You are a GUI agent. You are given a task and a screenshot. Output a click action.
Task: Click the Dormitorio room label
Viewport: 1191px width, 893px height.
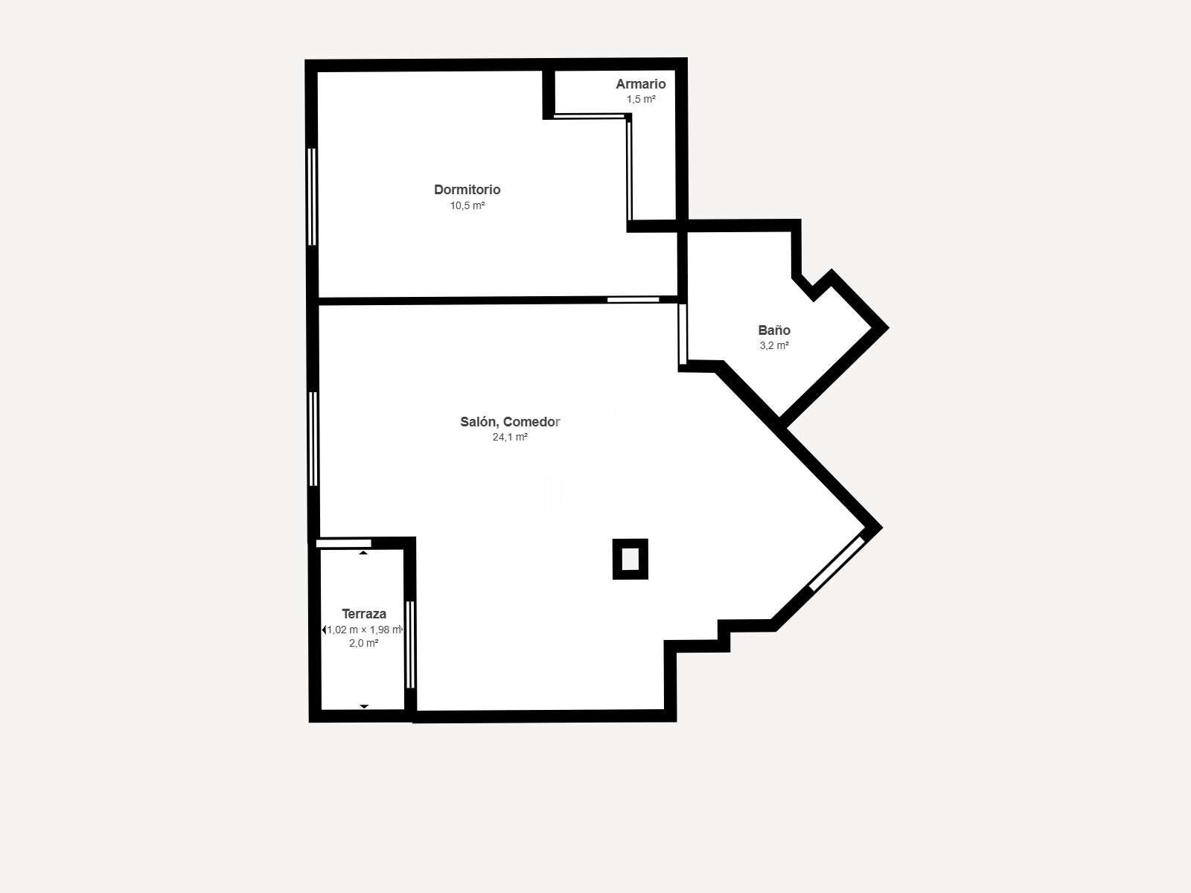coord(467,190)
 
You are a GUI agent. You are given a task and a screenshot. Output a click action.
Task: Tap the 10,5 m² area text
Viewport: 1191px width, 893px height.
coord(467,205)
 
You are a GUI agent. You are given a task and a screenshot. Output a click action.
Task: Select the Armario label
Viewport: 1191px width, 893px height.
coord(640,84)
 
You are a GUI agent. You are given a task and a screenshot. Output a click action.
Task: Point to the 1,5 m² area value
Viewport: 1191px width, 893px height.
coord(641,99)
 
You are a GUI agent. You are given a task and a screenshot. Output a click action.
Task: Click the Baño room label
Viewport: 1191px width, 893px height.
coord(773,330)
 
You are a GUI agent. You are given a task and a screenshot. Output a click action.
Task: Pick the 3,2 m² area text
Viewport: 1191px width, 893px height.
coord(773,345)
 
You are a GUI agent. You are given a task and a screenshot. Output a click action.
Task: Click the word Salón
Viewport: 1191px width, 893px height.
coord(479,422)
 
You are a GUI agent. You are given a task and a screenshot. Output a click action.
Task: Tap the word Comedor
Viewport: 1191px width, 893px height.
coord(531,422)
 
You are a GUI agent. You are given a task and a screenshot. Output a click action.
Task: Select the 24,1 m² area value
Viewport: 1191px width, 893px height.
coord(509,437)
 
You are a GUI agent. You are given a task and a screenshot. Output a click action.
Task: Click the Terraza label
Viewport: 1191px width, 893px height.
coord(363,614)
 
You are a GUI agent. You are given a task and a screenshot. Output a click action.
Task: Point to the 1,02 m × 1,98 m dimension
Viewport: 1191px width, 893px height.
coord(363,630)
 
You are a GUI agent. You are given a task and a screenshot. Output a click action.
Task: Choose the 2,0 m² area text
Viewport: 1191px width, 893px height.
coord(363,643)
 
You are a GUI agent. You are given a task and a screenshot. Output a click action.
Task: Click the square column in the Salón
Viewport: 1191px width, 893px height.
coord(630,559)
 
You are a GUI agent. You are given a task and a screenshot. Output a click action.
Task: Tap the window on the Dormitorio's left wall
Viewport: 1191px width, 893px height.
coord(311,196)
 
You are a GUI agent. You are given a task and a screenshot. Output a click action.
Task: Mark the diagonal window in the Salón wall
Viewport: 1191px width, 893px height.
coord(837,563)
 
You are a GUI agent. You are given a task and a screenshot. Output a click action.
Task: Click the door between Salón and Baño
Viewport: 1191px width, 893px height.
coord(683,334)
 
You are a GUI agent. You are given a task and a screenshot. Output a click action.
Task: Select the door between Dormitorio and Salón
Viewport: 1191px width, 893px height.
coord(633,299)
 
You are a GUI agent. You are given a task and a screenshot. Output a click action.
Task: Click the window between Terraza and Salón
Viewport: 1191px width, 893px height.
coord(410,644)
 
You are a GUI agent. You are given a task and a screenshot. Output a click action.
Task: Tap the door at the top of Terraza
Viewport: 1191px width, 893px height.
coord(343,543)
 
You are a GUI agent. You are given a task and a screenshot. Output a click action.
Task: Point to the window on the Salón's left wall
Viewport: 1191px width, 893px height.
coord(313,438)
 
